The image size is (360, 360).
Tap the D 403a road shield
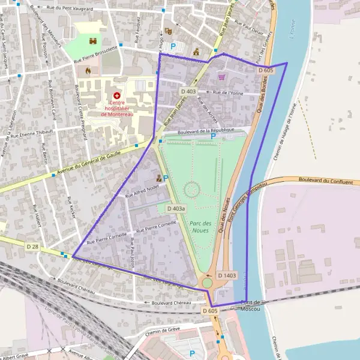176,208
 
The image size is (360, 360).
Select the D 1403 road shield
227,275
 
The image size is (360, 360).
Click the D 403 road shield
188,91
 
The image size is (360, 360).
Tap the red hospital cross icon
116,95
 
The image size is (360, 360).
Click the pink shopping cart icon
221,76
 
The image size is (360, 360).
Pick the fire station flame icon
88,71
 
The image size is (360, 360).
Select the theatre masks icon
168,29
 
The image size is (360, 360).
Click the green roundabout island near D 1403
207,283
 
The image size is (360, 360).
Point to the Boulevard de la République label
192,130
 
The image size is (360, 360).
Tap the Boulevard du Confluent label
324,179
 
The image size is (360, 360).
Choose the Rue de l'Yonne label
227,93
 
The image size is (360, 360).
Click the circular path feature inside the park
191,190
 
